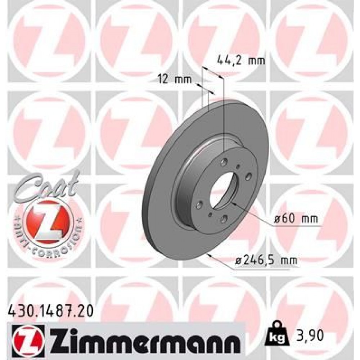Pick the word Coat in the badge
point(46,185)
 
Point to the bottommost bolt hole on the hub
point(224,217)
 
